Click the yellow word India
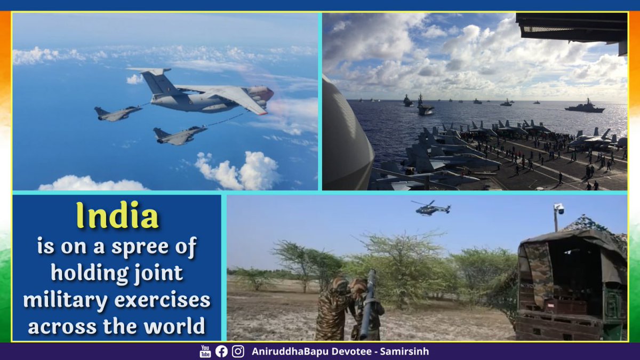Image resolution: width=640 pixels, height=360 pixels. (117, 217)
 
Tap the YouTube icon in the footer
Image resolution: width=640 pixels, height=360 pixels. (205, 351)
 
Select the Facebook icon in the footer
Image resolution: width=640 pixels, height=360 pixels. (221, 351)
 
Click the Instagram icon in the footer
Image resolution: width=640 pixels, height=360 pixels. (238, 351)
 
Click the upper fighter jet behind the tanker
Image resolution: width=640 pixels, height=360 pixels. (117, 113)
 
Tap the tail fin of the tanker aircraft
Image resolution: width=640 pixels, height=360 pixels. (155, 80)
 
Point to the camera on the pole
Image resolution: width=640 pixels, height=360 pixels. (559, 209)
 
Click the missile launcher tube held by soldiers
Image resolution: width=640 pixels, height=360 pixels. (369, 304)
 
